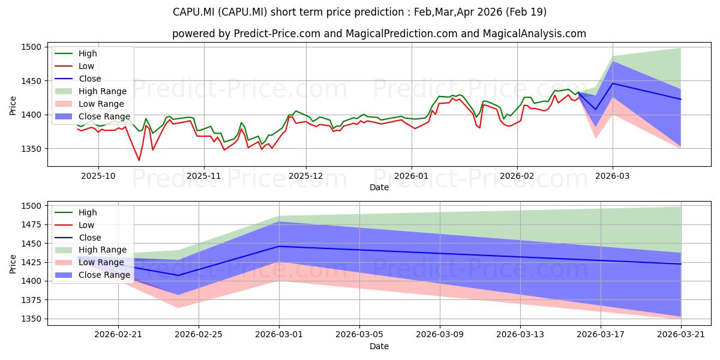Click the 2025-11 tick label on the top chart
tap(204, 176)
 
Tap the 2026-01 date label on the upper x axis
tap(412, 176)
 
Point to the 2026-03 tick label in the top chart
tap(613, 176)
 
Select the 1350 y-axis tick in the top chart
tap(31, 149)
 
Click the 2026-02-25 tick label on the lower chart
tap(199, 335)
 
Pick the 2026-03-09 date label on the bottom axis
tap(440, 335)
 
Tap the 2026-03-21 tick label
tap(681, 335)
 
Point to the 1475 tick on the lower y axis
tap(31, 224)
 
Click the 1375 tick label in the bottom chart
tap(31, 300)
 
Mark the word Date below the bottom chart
tap(379, 346)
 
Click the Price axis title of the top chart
tap(13, 106)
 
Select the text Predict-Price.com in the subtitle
tap(277, 34)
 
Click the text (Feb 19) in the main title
tap(526, 12)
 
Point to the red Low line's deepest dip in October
tap(139, 160)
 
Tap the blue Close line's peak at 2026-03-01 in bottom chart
tap(279, 246)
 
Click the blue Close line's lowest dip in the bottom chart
tap(178, 275)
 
